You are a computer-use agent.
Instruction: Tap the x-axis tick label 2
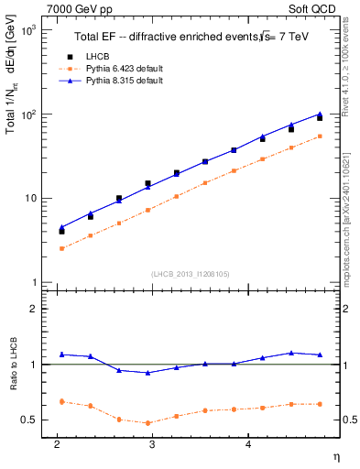pos(57,444)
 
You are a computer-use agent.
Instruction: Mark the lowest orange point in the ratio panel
pos(147,423)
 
